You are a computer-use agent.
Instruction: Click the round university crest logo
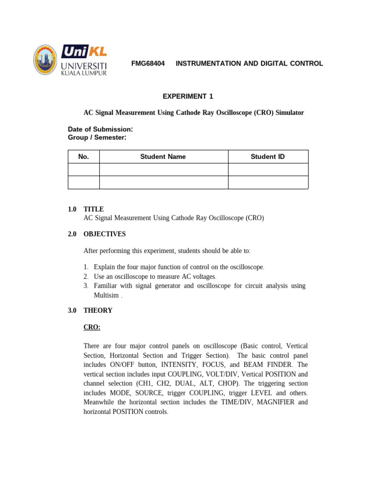(x=46, y=60)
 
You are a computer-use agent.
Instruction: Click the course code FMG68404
(x=148, y=64)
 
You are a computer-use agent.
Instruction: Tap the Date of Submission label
(x=100, y=129)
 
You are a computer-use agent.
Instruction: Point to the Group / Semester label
(x=97, y=137)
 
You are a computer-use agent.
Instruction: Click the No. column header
(x=84, y=157)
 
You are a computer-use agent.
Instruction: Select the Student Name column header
(x=163, y=157)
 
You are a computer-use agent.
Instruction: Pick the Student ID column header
(x=268, y=157)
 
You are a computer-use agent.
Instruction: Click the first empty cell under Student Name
(x=164, y=169)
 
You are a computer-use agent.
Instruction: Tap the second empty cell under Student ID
(x=268, y=182)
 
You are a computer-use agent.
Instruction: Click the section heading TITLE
(x=94, y=209)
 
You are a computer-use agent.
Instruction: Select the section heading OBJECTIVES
(x=104, y=234)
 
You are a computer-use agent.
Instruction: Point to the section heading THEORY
(x=98, y=310)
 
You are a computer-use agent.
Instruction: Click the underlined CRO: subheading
(x=92, y=327)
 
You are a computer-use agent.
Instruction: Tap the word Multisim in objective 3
(x=106, y=296)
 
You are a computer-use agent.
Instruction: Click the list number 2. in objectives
(x=86, y=276)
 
